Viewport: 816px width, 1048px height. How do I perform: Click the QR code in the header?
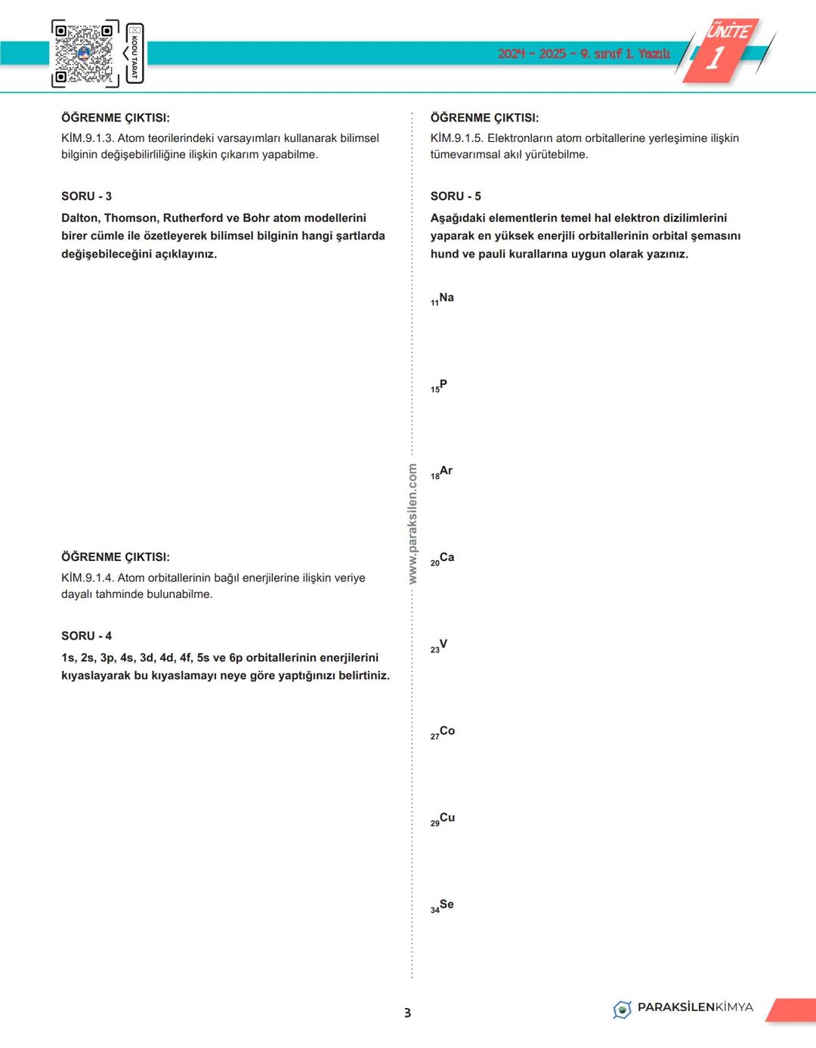coord(85,54)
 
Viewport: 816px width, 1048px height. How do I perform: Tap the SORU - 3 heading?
coord(86,196)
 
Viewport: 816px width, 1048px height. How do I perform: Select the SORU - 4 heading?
coord(86,636)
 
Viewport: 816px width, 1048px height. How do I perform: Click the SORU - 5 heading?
coord(456,196)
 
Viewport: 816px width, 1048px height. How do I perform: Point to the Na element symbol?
coord(446,298)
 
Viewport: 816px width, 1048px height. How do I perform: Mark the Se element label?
coord(446,905)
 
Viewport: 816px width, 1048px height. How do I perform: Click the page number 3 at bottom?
coord(408,1013)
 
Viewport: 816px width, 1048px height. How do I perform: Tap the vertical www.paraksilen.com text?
coord(413,523)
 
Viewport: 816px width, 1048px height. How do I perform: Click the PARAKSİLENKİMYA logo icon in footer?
coord(622,1009)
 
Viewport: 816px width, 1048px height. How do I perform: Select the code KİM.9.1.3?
coord(88,138)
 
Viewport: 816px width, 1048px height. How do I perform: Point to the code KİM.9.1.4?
coord(88,578)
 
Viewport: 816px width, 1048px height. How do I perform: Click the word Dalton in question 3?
coord(79,218)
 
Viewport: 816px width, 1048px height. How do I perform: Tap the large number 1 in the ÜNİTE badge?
coord(715,59)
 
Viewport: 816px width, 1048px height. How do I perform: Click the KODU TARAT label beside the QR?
coord(135,54)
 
